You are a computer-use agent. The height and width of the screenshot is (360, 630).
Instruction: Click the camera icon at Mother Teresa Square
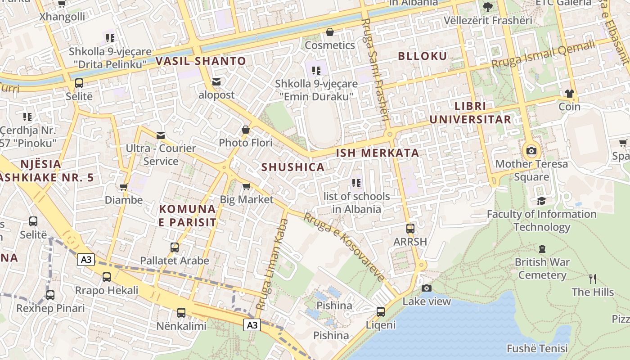pos(531,151)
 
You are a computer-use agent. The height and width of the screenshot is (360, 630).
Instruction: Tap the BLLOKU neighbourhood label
pos(423,56)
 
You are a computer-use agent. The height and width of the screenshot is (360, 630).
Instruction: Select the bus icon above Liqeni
pos(381,311)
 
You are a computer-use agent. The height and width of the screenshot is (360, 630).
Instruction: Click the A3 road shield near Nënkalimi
pos(252,325)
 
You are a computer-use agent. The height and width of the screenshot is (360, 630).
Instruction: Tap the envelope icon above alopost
pos(216,81)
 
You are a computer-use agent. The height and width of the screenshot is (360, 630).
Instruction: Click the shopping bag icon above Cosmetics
pos(330,32)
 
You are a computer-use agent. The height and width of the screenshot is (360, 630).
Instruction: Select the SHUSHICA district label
pos(293,167)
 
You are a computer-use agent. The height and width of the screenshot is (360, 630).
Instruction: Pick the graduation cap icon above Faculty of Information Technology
pos(541,201)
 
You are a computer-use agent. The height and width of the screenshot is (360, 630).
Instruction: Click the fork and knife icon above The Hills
pos(593,279)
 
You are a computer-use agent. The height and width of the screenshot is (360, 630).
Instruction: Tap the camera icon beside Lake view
pos(427,288)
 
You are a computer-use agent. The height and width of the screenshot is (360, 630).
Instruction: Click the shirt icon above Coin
pos(569,94)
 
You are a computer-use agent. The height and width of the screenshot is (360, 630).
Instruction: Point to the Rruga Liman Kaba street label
pos(272,264)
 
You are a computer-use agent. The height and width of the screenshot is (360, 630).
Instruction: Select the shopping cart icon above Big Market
pos(246,186)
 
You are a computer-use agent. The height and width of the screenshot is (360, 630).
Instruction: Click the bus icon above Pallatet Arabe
pos(175,247)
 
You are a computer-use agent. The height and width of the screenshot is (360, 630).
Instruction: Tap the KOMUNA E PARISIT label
pos(188,216)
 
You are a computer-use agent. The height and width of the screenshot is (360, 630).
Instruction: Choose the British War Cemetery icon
pos(542,248)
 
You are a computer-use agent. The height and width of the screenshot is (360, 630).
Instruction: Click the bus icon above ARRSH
pos(410,228)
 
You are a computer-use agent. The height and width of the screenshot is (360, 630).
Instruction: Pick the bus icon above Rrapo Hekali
pos(107,277)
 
